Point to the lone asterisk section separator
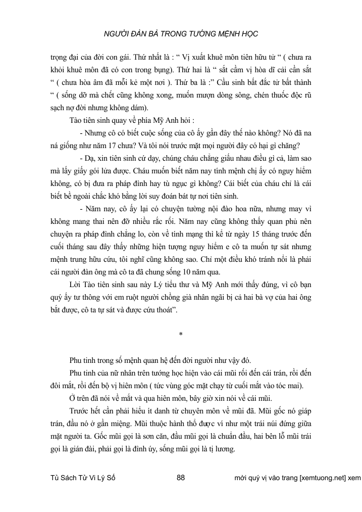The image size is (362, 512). pyautogui.click(x=181, y=335)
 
